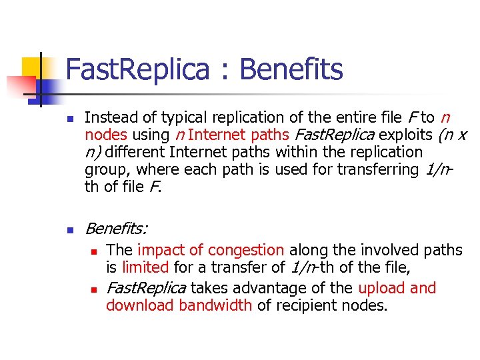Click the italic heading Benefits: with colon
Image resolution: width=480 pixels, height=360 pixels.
pyautogui.click(x=117, y=229)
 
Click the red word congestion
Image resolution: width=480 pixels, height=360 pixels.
pyautogui.click(x=246, y=250)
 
